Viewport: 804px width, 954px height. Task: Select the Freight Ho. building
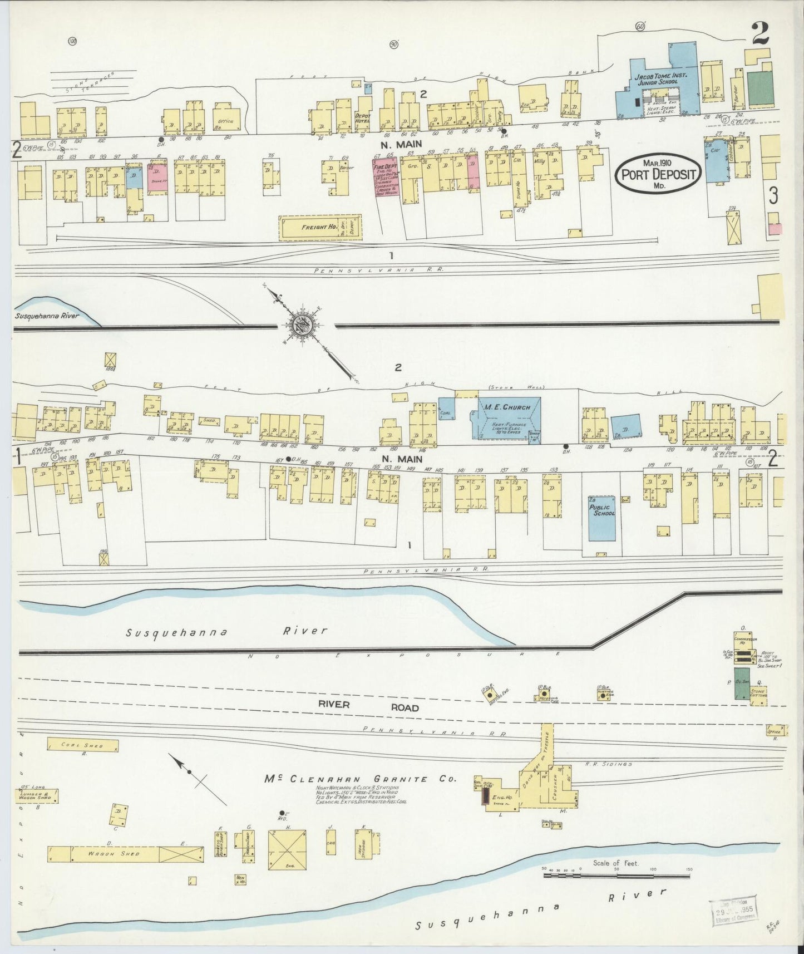point(320,228)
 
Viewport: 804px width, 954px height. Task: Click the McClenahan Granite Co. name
point(359,779)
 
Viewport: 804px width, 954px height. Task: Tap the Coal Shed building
point(82,745)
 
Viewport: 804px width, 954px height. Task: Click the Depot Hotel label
point(363,118)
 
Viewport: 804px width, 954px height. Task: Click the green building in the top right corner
point(761,88)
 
